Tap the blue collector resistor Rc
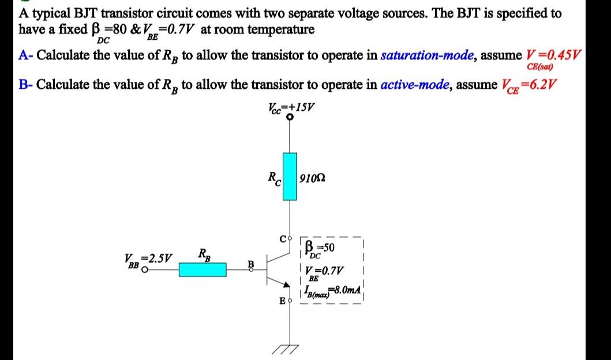[x=290, y=177]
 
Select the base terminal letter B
[x=250, y=264]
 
